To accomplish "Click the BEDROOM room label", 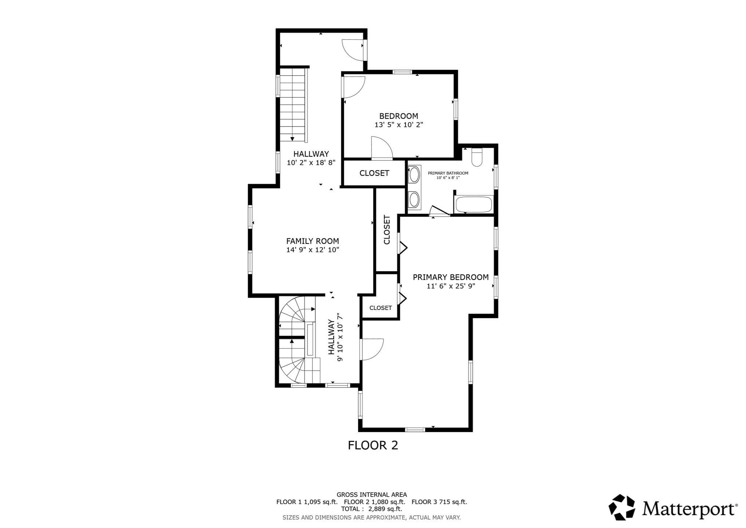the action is click(398, 116).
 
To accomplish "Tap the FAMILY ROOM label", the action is click(313, 241).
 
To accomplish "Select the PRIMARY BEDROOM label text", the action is click(451, 277).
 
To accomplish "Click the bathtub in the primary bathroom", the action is click(474, 205).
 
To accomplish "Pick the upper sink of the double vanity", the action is click(414, 175).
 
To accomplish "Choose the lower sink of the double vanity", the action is click(414, 199).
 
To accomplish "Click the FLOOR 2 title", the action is click(373, 445).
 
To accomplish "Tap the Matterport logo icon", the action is click(622, 507).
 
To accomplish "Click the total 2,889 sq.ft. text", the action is click(372, 509).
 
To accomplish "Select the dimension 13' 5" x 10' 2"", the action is click(398, 125).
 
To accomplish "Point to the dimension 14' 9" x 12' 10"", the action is click(313, 250).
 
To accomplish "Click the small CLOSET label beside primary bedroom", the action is click(381, 308).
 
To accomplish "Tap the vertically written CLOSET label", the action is click(387, 230).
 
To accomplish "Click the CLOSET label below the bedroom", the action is click(374, 173).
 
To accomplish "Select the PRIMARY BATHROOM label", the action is click(448, 173).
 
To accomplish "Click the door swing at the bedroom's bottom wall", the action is click(381, 148).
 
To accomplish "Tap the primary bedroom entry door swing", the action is click(372, 350).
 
